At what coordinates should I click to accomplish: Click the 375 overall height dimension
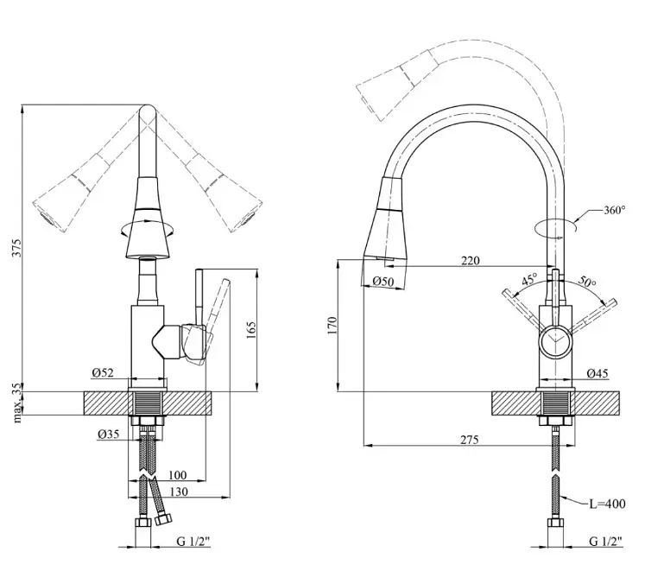click(x=16, y=247)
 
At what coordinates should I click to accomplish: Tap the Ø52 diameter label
click(x=103, y=372)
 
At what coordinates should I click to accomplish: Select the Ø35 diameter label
click(x=109, y=434)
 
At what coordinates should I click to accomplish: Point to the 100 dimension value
click(x=178, y=475)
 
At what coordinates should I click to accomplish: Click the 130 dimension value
click(x=179, y=492)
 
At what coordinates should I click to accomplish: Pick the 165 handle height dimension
click(x=250, y=330)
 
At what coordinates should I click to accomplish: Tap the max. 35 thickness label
click(x=17, y=403)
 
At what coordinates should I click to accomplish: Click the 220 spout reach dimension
click(x=471, y=261)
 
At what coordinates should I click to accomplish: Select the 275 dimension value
click(x=470, y=440)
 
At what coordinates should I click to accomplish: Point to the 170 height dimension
click(x=332, y=325)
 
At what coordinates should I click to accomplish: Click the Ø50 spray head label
click(x=383, y=282)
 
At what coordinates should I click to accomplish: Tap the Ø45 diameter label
click(x=598, y=373)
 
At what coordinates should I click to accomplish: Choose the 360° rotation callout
click(x=615, y=210)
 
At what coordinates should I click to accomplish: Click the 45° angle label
click(x=530, y=280)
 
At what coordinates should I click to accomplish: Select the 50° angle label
click(x=587, y=282)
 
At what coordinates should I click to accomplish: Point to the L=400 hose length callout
click(x=607, y=504)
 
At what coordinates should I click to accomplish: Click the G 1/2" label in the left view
click(x=193, y=541)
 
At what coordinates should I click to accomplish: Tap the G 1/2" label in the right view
click(x=605, y=541)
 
